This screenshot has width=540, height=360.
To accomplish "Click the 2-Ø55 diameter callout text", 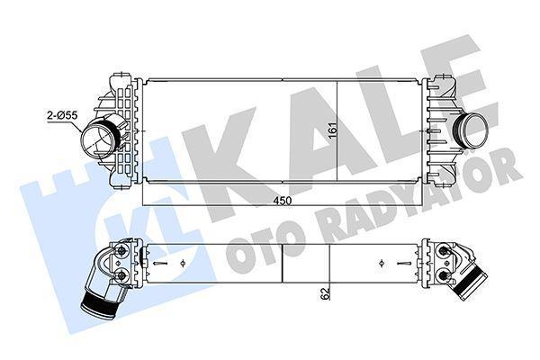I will coord(62,114).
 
